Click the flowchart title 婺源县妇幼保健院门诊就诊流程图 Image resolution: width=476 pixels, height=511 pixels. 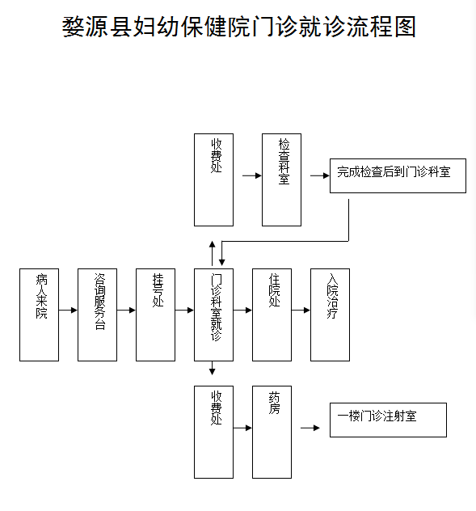[x=239, y=27]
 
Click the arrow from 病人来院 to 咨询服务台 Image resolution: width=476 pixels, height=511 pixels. [x=68, y=310]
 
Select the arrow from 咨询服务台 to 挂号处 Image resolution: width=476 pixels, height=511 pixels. [x=126, y=310]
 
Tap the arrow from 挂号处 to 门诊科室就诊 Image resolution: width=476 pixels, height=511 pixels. [x=184, y=310]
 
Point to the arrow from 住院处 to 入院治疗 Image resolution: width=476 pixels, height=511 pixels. [x=301, y=310]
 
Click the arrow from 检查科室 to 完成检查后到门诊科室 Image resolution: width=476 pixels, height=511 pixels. [x=319, y=175]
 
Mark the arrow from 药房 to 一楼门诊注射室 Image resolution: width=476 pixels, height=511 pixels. [x=310, y=428]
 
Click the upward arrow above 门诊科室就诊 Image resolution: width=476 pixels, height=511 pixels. [x=213, y=253]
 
